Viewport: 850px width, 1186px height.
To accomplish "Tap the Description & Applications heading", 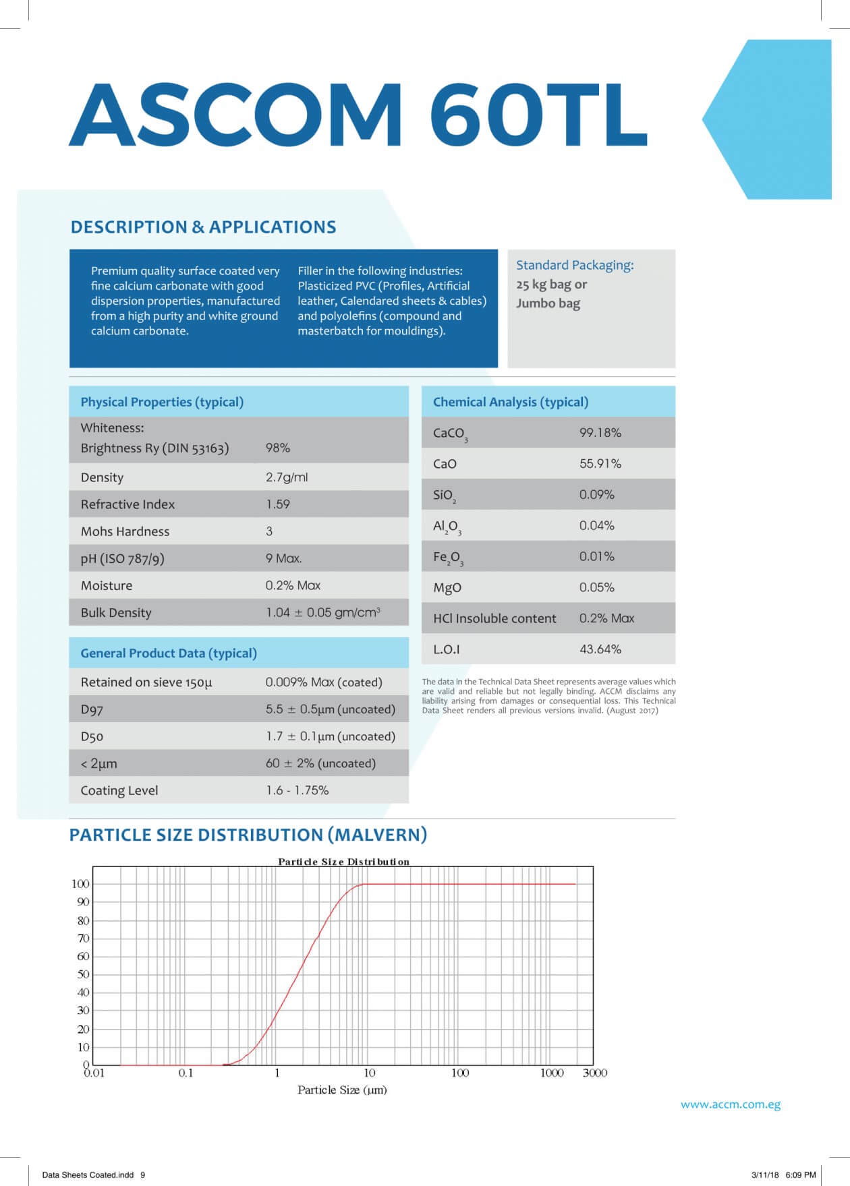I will pyautogui.click(x=203, y=227).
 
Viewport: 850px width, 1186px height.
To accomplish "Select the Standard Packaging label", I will pyautogui.click(x=575, y=265).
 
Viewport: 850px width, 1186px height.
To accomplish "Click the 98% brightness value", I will pyautogui.click(x=278, y=448).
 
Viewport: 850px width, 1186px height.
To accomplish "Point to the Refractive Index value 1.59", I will pyautogui.click(x=278, y=504).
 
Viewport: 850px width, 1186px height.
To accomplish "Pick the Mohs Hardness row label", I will pyautogui.click(x=125, y=531).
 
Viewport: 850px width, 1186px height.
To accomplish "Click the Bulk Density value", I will pyautogui.click(x=322, y=612).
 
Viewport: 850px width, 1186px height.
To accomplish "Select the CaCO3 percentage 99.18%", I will pyautogui.click(x=600, y=433).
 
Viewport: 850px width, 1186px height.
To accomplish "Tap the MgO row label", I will pyautogui.click(x=447, y=587).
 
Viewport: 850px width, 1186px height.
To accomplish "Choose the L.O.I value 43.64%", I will pyautogui.click(x=600, y=649).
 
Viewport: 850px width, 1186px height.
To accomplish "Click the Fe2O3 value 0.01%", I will pyautogui.click(x=596, y=556).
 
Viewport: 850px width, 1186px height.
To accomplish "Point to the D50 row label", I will pyautogui.click(x=92, y=736).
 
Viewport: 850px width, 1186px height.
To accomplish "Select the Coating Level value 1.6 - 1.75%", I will pyautogui.click(x=297, y=790).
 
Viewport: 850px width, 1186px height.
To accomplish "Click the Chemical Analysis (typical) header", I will pyautogui.click(x=510, y=402).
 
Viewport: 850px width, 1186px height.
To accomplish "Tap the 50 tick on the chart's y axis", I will pyautogui.click(x=83, y=974).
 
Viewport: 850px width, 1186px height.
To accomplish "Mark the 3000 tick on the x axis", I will pyautogui.click(x=594, y=1073).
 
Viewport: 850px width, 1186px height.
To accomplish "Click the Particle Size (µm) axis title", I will pyautogui.click(x=342, y=1090).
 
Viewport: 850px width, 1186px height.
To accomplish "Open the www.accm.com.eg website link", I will pyautogui.click(x=730, y=1104).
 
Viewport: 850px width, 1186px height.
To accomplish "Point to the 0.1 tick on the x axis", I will pyautogui.click(x=186, y=1073).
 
